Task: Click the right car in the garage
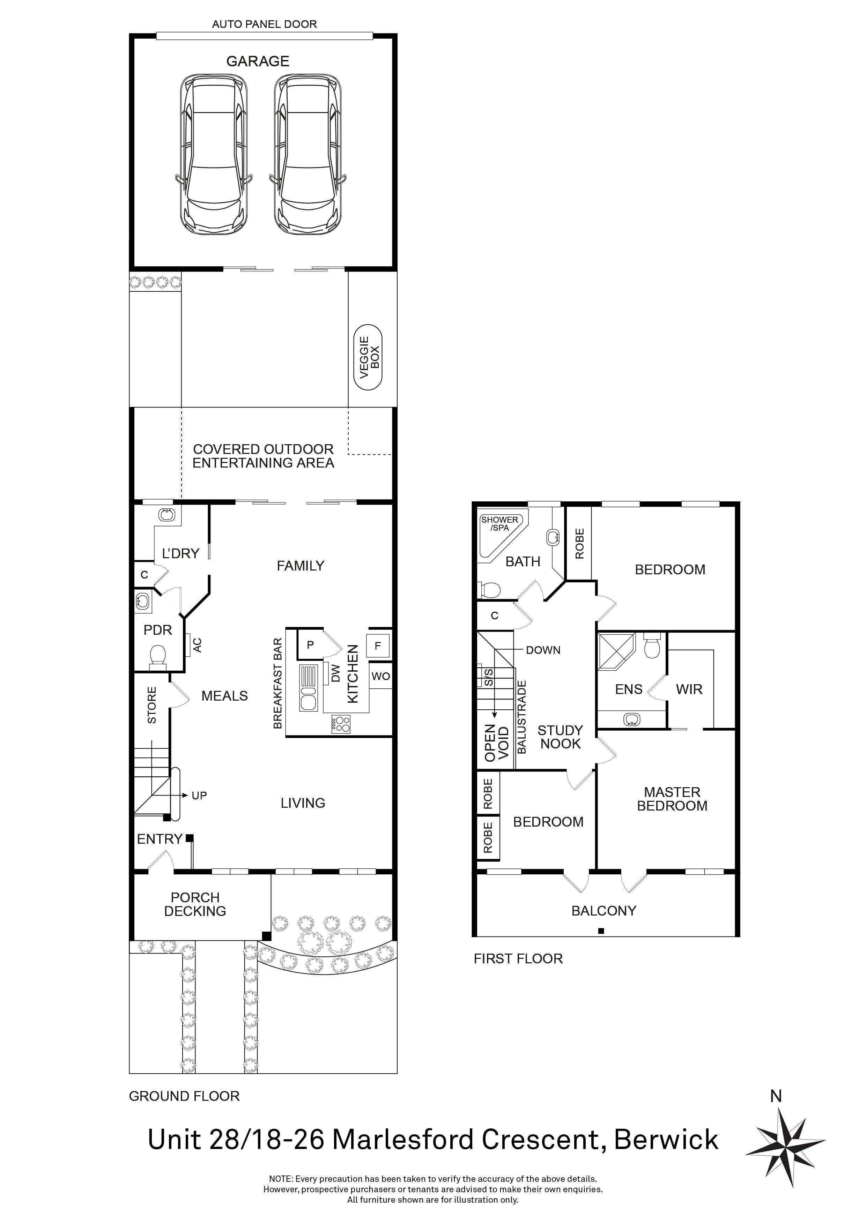tap(308, 155)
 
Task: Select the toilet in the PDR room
tap(157, 655)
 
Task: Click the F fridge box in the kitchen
tap(378, 646)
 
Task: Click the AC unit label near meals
tap(197, 645)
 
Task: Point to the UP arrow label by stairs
tap(199, 796)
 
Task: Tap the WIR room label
tap(689, 690)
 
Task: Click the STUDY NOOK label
tap(560, 737)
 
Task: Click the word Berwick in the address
tap(666, 1140)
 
